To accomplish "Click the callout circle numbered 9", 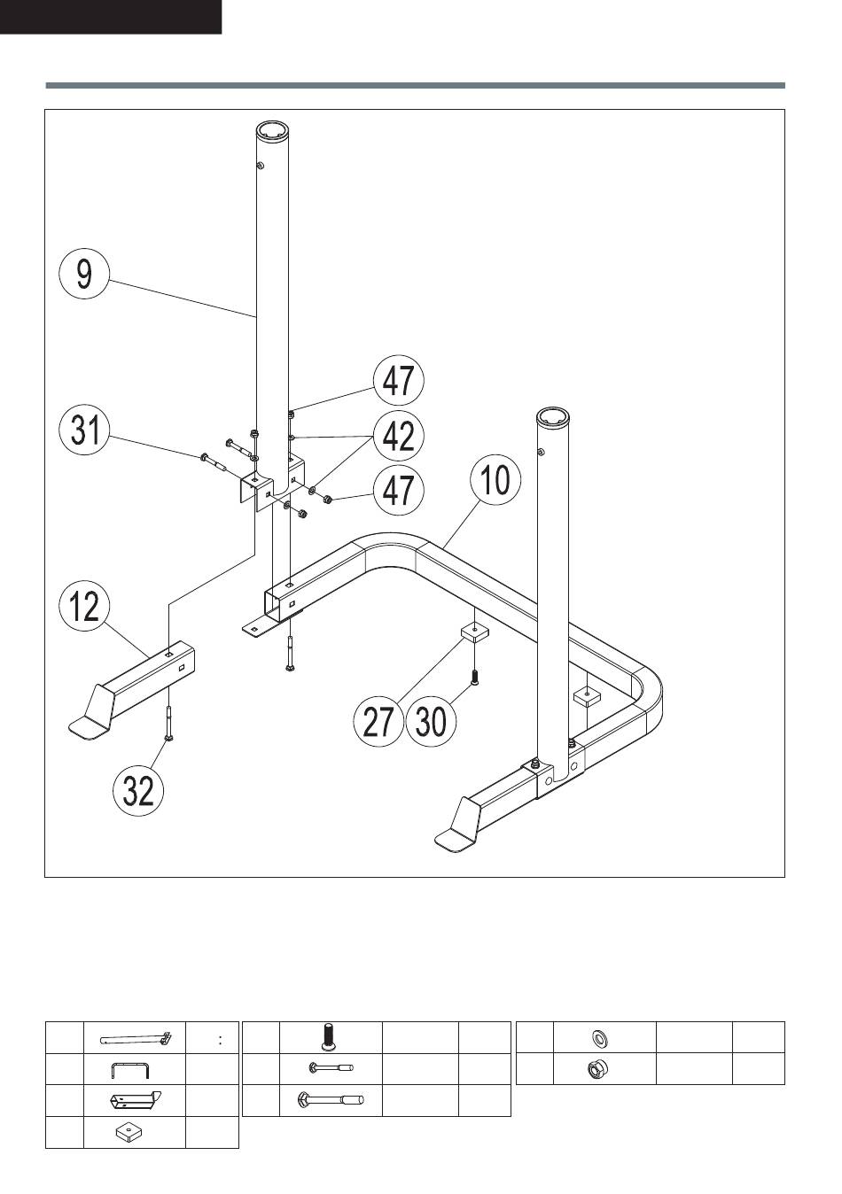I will click(83, 274).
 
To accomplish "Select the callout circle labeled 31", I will click(84, 430).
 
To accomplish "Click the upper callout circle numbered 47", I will click(398, 381).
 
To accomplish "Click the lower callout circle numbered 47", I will click(398, 489).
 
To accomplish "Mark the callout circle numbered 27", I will click(378, 721).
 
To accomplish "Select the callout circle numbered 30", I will click(431, 721).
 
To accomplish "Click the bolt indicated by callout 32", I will click(168, 722).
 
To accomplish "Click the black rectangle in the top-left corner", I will click(110, 17).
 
